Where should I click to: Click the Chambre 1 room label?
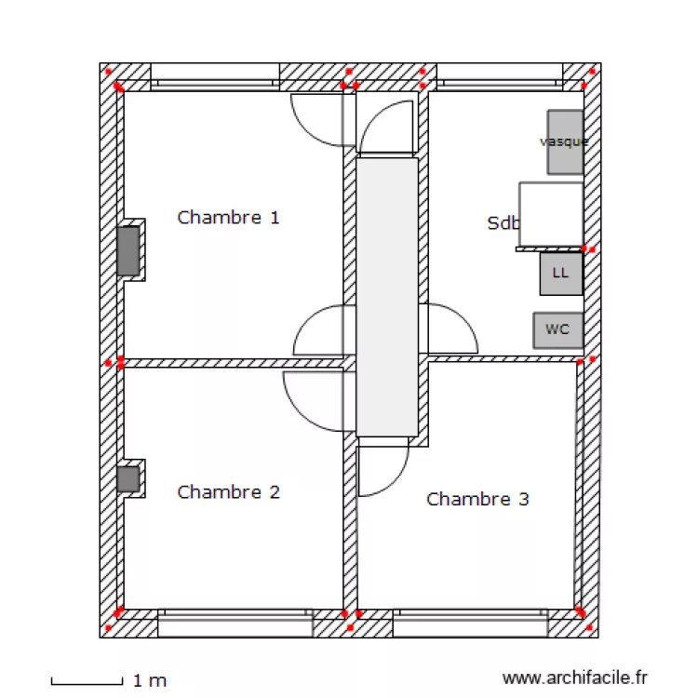[228, 218]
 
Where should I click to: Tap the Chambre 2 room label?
[228, 492]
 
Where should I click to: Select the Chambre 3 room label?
[477, 500]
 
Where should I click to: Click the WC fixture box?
[557, 330]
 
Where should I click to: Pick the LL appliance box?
[560, 274]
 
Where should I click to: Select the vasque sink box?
[565, 141]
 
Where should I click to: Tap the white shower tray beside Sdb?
[551, 215]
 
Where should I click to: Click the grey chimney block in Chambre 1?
[128, 250]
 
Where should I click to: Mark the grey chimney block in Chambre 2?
[128, 479]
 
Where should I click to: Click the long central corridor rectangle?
[386, 296]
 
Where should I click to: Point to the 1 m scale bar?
[86, 681]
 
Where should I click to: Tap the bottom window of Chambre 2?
[235, 623]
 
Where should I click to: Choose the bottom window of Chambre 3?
[468, 623]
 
